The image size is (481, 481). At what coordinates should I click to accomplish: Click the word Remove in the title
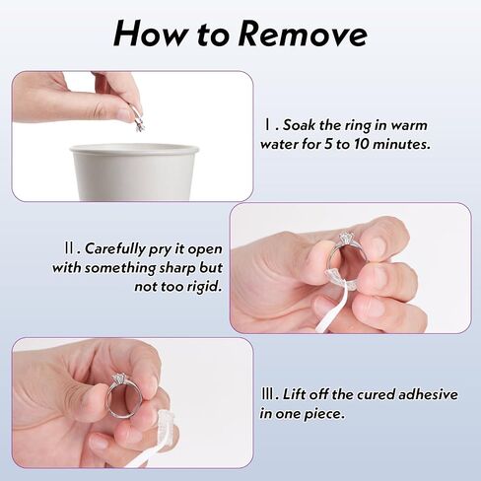[302, 34]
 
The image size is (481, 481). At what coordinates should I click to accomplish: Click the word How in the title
[150, 34]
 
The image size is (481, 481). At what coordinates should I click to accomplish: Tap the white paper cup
[134, 172]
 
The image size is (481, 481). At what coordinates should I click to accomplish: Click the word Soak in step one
[297, 125]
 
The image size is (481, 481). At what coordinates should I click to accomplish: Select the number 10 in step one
[362, 144]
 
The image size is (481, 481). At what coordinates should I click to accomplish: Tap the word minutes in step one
[401, 144]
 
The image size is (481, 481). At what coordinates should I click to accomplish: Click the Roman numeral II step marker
[70, 248]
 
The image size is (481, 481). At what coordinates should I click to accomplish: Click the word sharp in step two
[177, 268]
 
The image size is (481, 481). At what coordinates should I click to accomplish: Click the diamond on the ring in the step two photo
[346, 237]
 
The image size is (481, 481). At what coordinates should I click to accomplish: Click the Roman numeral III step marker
[268, 394]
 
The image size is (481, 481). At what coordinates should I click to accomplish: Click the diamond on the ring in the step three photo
[117, 378]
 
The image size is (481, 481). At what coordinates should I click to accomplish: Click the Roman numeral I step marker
[268, 125]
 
